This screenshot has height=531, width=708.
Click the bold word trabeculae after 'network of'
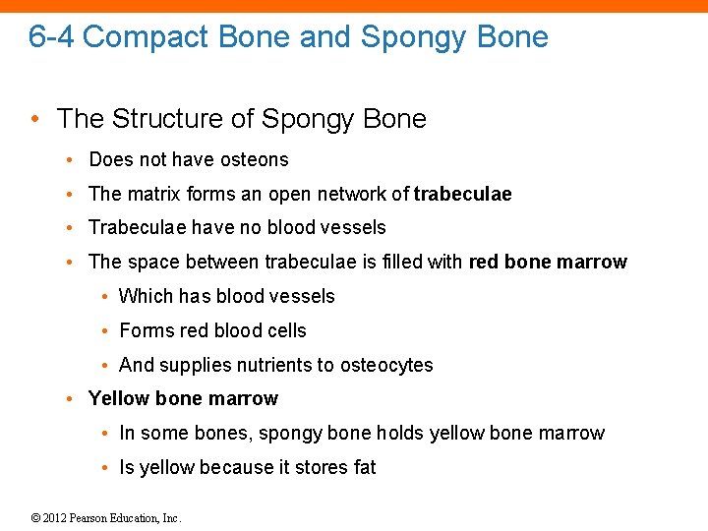click(462, 194)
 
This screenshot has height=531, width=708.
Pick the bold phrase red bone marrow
click(548, 262)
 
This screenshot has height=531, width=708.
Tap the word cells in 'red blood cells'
click(284, 330)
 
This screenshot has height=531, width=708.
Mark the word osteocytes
click(386, 365)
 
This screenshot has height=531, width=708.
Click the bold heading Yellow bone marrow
click(183, 398)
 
